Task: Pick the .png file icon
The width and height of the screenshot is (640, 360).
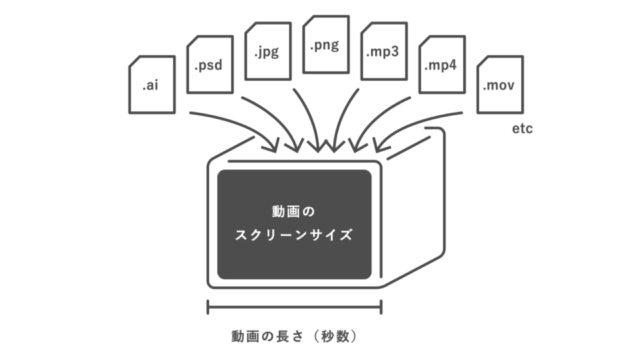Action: click(325, 45)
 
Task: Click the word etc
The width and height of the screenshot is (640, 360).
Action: click(522, 129)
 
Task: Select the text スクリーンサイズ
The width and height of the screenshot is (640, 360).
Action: click(294, 235)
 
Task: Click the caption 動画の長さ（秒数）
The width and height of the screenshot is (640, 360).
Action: click(294, 336)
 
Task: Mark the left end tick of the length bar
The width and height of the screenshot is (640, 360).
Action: click(209, 307)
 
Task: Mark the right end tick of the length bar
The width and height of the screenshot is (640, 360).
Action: click(381, 307)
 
